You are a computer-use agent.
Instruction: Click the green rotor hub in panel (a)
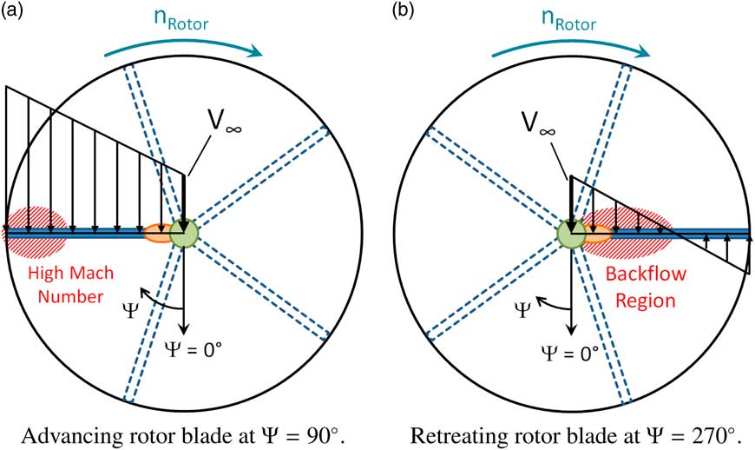tap(184, 233)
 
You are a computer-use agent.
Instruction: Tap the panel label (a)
tap(14, 11)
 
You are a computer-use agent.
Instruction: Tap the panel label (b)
tap(401, 11)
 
